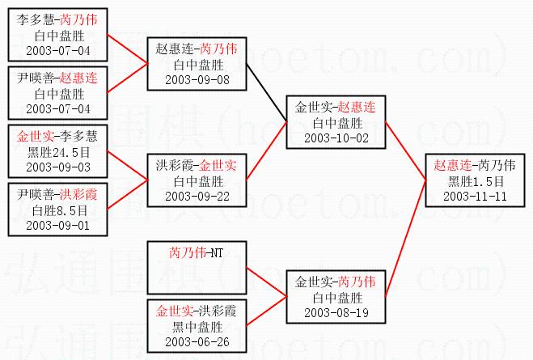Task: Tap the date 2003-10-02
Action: [x=336, y=138]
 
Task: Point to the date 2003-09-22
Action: [x=197, y=196]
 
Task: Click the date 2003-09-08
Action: [x=197, y=79]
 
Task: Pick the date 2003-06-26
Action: [x=197, y=341]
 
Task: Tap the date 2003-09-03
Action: [x=57, y=167]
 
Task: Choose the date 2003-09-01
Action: [x=57, y=225]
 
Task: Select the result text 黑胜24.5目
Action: [x=57, y=152]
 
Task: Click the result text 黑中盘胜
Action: [x=197, y=327]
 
